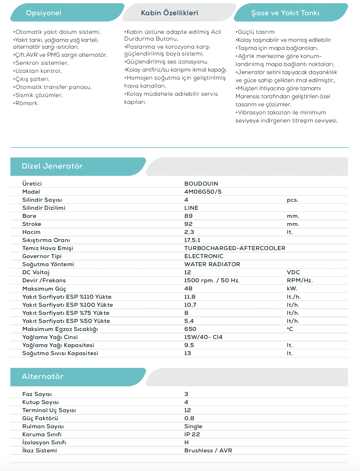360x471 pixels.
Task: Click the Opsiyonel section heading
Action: [x=44, y=13]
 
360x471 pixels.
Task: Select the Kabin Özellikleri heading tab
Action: [x=169, y=13]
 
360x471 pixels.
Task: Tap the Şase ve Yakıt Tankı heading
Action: [x=285, y=13]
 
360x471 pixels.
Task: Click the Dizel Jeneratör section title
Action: [x=52, y=166]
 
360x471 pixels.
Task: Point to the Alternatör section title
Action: [x=42, y=377]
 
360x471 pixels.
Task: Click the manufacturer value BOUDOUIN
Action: [x=201, y=184]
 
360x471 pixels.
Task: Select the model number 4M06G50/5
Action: [x=203, y=192]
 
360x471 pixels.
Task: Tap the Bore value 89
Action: [x=188, y=216]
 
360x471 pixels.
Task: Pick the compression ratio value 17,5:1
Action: [x=192, y=240]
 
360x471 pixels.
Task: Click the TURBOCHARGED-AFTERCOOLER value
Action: [x=235, y=248]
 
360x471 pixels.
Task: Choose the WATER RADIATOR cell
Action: [x=212, y=264]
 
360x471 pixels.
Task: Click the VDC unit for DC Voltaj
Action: [x=293, y=272]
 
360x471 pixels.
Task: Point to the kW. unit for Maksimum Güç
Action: [x=292, y=288]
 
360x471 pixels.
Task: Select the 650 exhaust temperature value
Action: [x=190, y=329]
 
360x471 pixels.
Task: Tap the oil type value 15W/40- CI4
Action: [x=203, y=337]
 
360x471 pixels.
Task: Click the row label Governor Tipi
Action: [x=42, y=256]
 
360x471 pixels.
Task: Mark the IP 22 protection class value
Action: [x=192, y=434]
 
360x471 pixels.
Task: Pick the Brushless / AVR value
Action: [x=208, y=451]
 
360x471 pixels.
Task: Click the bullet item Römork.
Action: [x=27, y=103]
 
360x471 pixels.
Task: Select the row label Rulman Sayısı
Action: [x=43, y=426]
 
